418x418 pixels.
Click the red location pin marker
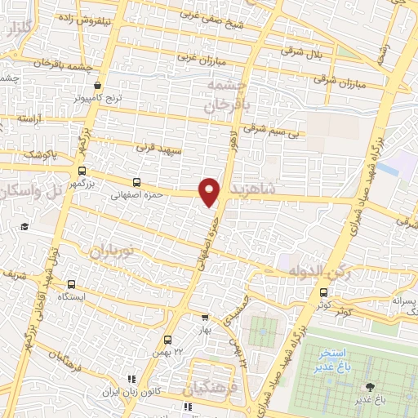(211, 191)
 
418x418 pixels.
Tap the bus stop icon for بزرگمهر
(81, 171)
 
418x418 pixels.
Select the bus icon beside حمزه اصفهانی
(136, 181)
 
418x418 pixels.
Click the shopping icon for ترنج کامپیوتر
(98, 85)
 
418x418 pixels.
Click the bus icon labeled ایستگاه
(72, 285)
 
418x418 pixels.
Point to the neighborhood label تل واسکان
(33, 192)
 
